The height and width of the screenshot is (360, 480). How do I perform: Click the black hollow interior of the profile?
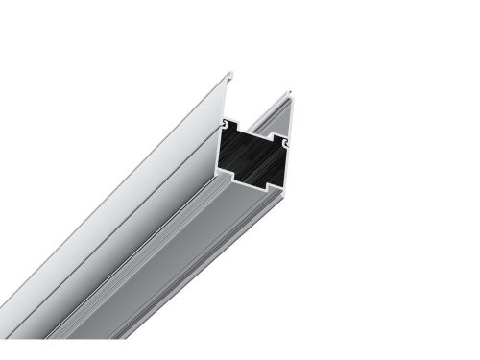255,156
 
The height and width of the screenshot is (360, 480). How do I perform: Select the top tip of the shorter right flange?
290,92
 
